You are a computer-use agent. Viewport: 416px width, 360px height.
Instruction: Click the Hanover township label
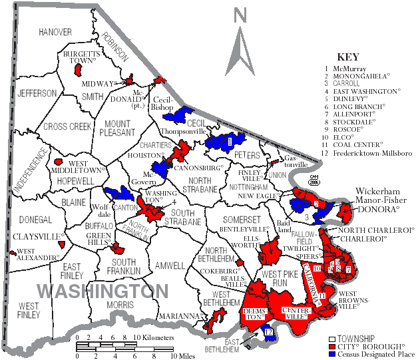pos(55,32)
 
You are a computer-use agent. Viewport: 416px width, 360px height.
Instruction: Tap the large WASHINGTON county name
pos(103,291)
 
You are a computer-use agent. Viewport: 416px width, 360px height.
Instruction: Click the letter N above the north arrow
pos(241,13)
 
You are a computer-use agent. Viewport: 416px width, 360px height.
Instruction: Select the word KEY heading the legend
pos(348,57)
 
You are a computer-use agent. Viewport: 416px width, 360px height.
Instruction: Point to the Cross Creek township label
pos(66,126)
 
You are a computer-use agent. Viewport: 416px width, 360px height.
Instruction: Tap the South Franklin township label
pos(123,267)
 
